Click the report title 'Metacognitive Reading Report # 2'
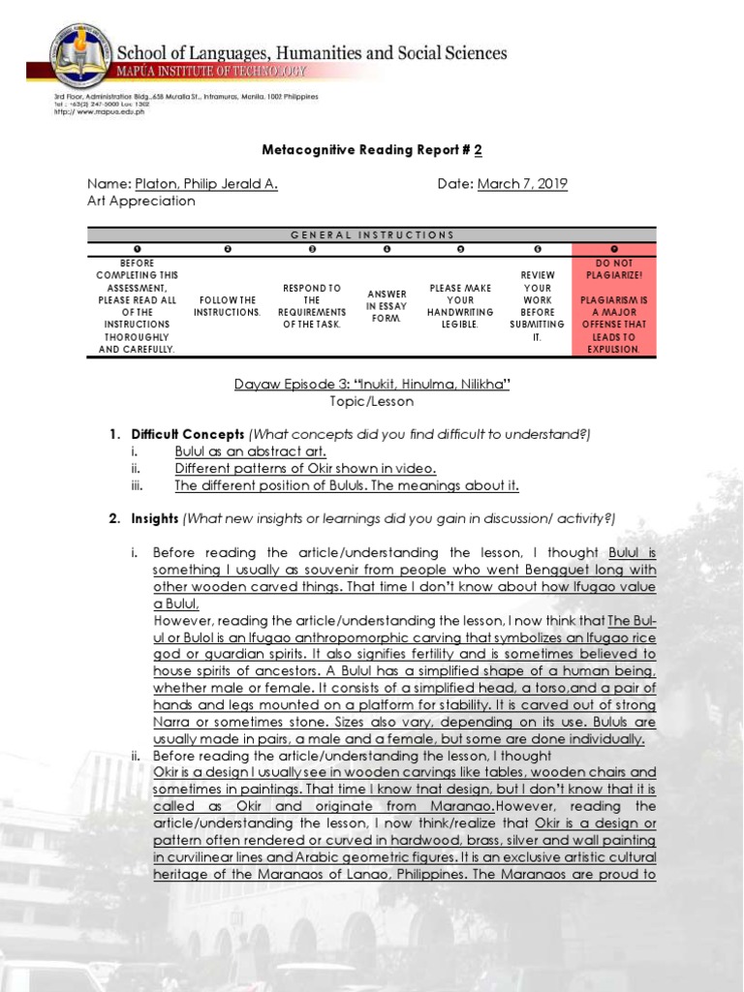click(372, 151)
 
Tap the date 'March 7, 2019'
click(522, 184)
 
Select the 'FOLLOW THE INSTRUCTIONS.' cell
click(225, 307)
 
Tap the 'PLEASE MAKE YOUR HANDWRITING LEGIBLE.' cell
click(460, 307)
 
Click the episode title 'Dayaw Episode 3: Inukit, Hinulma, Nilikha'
click(372, 385)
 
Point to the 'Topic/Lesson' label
click(372, 401)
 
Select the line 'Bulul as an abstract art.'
click(250, 451)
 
